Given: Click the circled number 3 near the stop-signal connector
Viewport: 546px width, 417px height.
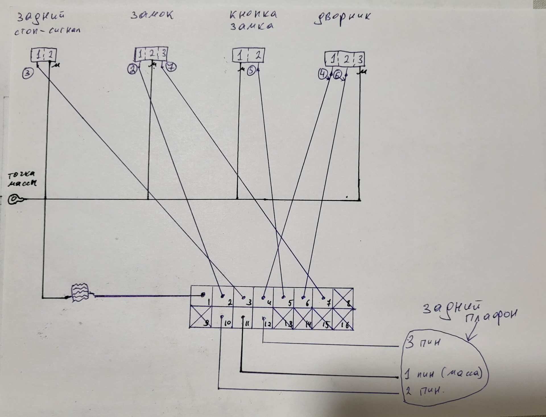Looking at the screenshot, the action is (x=28, y=73).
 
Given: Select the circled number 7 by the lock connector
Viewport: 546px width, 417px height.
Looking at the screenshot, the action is (x=171, y=67).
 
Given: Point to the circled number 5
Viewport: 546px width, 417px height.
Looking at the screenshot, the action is (x=251, y=70).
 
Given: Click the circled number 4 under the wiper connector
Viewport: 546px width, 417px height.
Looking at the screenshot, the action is (x=323, y=74).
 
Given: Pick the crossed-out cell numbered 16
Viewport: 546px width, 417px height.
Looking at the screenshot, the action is (x=343, y=318).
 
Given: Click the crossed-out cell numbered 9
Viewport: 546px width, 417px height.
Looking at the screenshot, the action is (x=200, y=317).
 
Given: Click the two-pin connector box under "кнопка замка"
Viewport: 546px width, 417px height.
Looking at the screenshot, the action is (x=248, y=55).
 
